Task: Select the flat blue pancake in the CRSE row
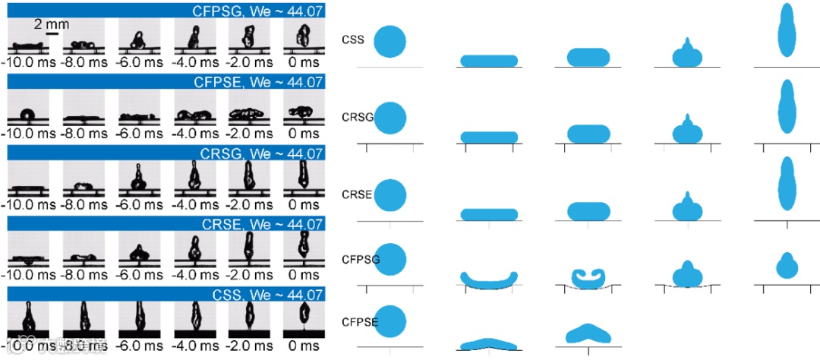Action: click(490, 213)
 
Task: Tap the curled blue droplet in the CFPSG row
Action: click(588, 277)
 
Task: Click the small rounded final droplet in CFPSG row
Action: click(787, 266)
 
